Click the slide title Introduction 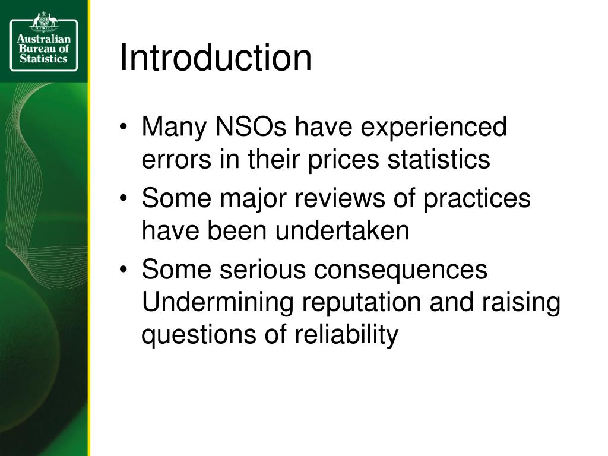coord(216,58)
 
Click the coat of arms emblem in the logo coord(44,20)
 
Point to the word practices coord(477,198)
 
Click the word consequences coord(401,270)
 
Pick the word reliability coord(346,335)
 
